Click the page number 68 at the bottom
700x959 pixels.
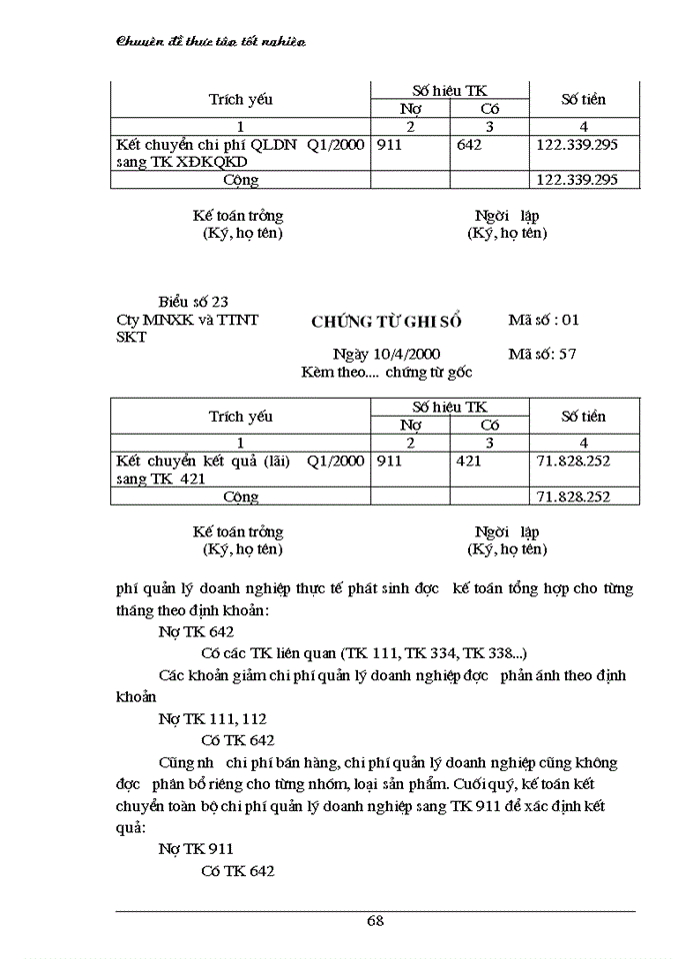coord(375,921)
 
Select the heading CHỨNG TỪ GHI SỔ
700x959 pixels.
coord(387,321)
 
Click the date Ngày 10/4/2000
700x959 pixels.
coord(386,354)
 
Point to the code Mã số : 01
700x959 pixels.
coord(543,321)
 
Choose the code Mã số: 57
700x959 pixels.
coord(541,354)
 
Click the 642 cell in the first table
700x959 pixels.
coord(468,145)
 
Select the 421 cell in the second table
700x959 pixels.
coord(468,462)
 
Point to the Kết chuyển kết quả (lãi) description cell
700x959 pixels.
coord(240,470)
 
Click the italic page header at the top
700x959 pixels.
coord(211,41)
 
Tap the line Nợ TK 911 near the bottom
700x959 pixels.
coord(196,848)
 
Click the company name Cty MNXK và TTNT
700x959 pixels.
coord(187,320)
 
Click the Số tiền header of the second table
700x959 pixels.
coord(583,416)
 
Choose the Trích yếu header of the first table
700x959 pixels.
coord(240,100)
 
